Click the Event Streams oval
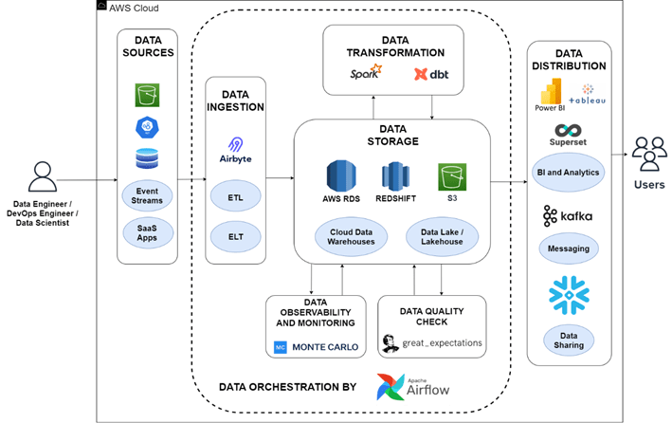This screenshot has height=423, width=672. (x=146, y=194)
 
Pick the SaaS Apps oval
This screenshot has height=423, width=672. (x=146, y=232)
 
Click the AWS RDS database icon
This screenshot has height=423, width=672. (x=340, y=178)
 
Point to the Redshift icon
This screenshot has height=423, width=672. (x=395, y=178)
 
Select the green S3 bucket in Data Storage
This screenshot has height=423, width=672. (x=450, y=176)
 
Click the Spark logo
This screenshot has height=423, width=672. (x=363, y=71)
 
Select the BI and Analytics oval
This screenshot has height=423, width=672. (x=569, y=174)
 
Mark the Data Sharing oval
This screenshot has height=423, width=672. (x=569, y=339)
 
